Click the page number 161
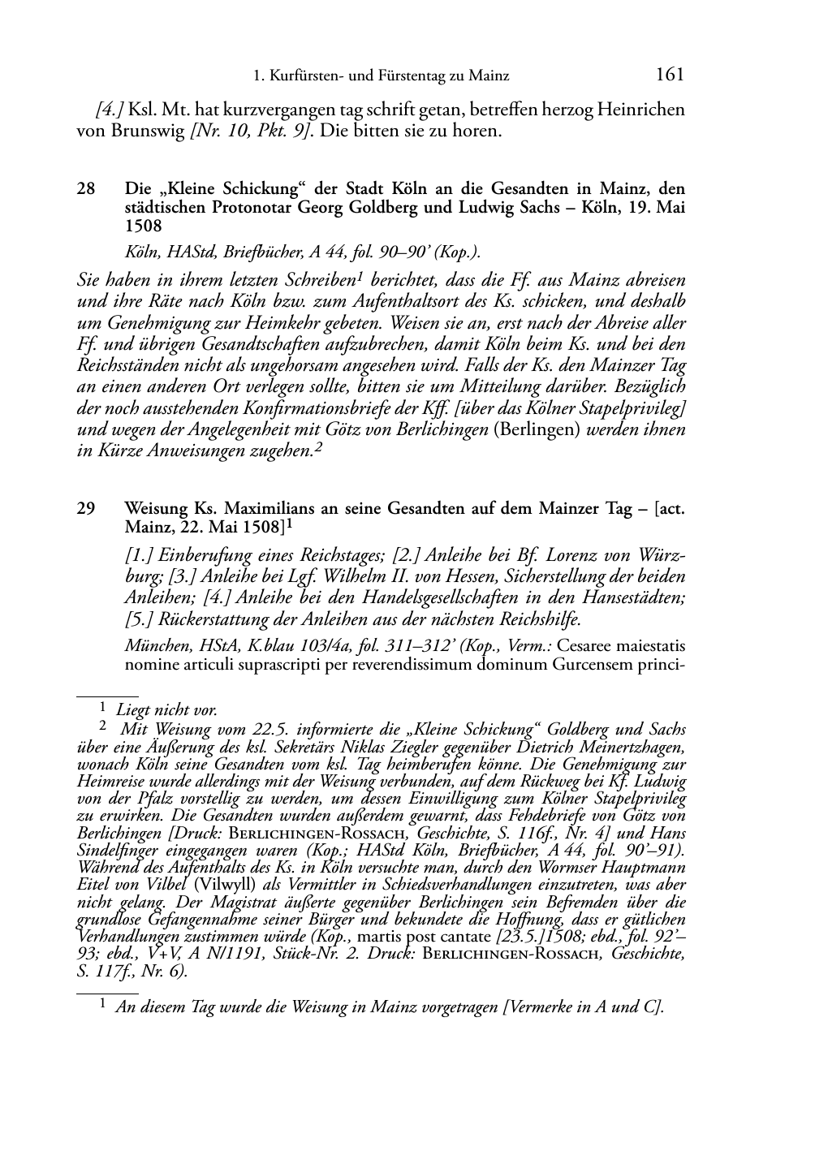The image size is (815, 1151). [x=669, y=75]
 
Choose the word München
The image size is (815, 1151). [x=153, y=647]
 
